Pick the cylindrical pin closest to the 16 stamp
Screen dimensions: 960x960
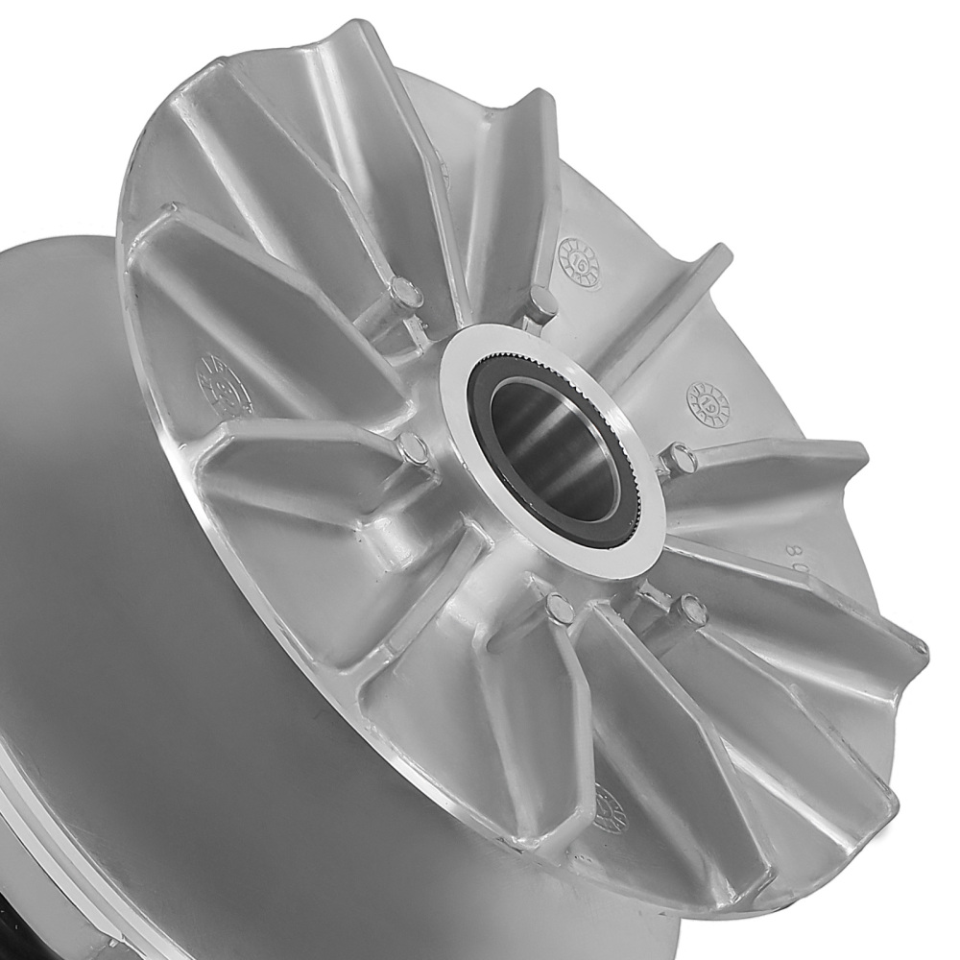(542, 302)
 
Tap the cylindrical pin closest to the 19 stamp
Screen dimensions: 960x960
(680, 458)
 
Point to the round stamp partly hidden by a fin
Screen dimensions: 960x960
(610, 806)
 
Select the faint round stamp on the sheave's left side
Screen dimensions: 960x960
(216, 379)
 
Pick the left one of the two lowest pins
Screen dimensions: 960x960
(558, 608)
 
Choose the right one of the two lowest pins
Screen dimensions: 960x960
(688, 608)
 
